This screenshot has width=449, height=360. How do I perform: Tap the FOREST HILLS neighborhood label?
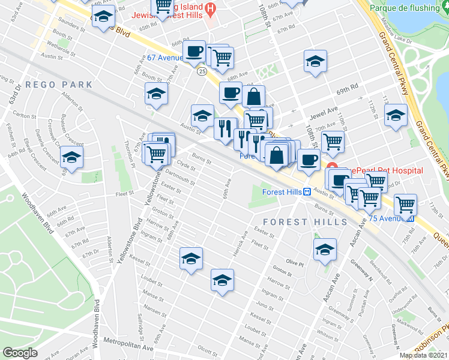tap(305, 222)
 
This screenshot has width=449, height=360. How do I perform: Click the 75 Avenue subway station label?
tap(391, 218)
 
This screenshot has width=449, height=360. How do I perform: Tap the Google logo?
tap(20, 353)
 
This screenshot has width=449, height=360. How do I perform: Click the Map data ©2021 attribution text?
tap(423, 355)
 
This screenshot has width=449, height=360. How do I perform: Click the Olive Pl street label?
tap(295, 262)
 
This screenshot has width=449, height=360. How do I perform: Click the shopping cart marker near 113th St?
tap(406, 204)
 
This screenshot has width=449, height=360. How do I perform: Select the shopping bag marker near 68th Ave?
tap(255, 96)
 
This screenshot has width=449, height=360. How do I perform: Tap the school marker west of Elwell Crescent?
tap(72, 158)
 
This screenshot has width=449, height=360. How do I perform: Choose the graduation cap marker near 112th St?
tap(396, 114)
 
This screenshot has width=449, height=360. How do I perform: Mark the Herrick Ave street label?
tap(241, 242)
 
